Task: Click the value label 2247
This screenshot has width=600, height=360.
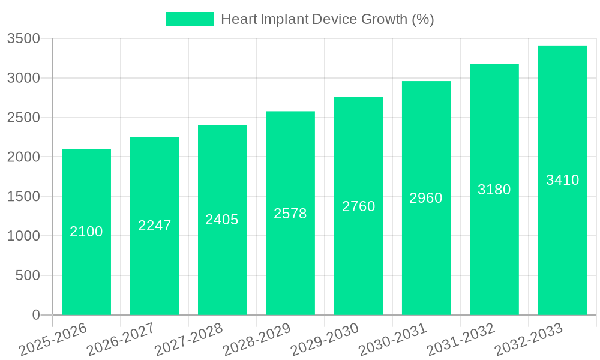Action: pos(155,226)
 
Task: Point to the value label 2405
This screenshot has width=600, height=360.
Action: pos(222,220)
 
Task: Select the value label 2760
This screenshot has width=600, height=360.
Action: pos(359,206)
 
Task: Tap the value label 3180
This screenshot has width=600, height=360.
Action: pos(494,190)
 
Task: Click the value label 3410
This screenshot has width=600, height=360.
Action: pos(563,180)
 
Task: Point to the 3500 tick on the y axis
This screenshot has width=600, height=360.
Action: pos(23,39)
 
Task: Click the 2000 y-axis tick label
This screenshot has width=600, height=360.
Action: pos(23,157)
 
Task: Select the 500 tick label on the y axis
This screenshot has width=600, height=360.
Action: pos(28,275)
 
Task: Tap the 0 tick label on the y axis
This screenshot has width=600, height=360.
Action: pos(36,315)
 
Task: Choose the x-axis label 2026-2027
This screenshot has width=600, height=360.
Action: pos(121,339)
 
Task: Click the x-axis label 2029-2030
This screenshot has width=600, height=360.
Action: pos(325,339)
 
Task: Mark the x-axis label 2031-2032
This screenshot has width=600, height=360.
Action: pos(461,339)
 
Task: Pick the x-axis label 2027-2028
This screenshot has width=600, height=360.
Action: pos(188,339)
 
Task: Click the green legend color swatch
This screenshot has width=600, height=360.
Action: pos(189,19)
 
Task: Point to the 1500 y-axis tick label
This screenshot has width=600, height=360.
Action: pos(23,197)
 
